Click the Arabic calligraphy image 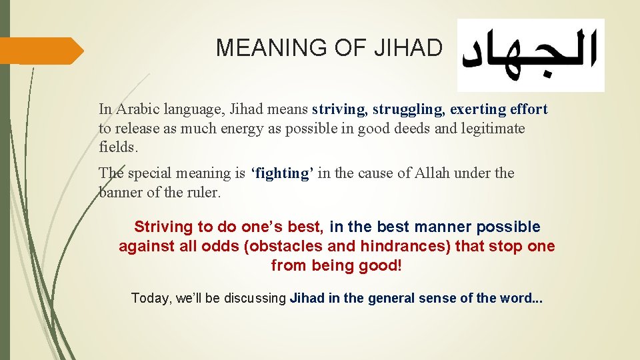pyautogui.click(x=531, y=55)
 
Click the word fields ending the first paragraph pyautogui.click(x=115, y=147)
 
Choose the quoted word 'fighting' pyautogui.click(x=282, y=173)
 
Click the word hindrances pyautogui.click(x=405, y=246)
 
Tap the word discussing pyautogui.click(x=253, y=298)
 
